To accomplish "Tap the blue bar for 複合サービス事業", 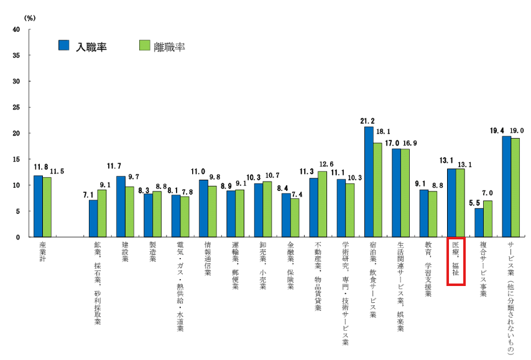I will coord(479,223).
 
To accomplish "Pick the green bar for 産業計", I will coord(47,207).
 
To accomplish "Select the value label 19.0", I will coord(517,131).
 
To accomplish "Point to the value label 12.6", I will coord(327,165).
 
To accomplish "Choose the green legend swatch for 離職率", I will coord(144,45).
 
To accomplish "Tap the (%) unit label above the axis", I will coord(30,17).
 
